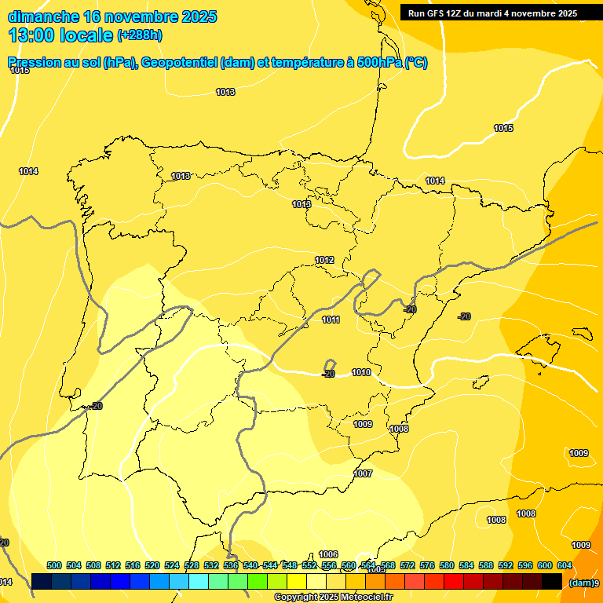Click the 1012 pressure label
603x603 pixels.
(325, 260)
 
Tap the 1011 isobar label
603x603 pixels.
(331, 320)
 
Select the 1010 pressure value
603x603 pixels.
(361, 372)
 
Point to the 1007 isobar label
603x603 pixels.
(363, 473)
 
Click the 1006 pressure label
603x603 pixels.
(328, 554)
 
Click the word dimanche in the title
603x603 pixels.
(44, 16)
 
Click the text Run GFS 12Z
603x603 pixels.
(435, 13)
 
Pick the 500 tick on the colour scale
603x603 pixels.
(54, 565)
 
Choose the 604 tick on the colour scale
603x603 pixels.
(564, 565)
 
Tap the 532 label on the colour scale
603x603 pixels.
(211, 565)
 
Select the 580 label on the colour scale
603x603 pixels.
(447, 565)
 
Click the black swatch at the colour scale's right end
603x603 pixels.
(552, 581)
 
